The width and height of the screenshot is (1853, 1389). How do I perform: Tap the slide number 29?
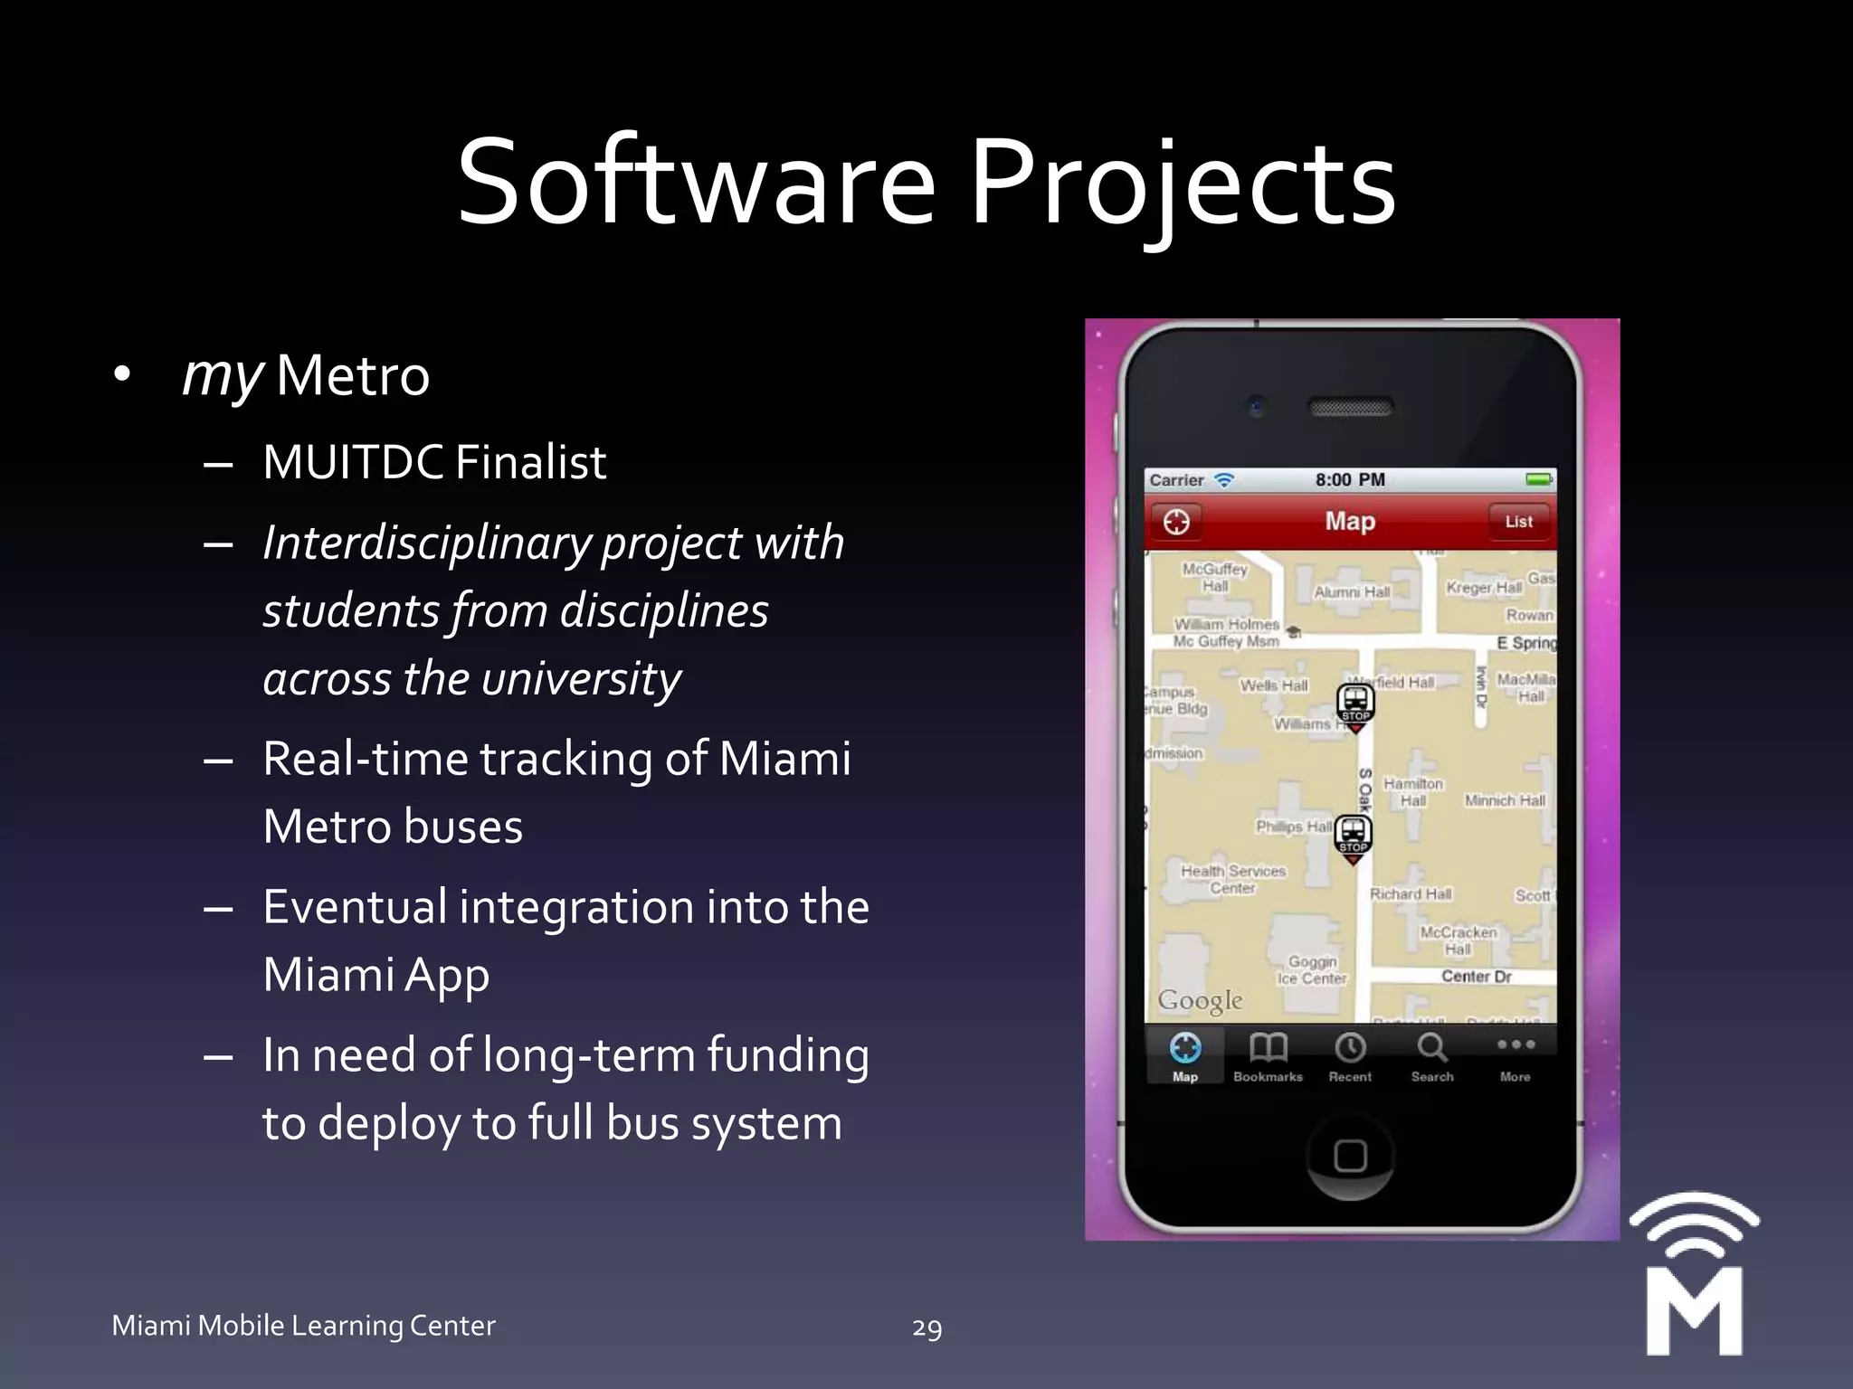pos(926,1328)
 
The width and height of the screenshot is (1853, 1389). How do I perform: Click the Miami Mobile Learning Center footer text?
pos(303,1326)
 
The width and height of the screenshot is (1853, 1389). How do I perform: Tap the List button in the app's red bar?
pos(1518,522)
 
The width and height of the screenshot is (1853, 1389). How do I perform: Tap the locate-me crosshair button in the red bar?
pos(1176,522)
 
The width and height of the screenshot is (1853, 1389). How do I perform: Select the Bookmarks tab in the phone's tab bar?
pos(1268,1056)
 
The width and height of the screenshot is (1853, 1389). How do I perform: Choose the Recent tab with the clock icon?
pos(1350,1056)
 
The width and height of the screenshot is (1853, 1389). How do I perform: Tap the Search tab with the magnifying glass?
pos(1432,1056)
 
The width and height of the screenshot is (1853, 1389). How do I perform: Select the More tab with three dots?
pos(1516,1056)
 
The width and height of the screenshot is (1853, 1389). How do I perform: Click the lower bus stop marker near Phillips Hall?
pos(1353,836)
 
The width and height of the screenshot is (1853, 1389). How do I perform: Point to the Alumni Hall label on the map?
pos(1352,592)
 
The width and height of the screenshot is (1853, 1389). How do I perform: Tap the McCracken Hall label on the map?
pos(1458,940)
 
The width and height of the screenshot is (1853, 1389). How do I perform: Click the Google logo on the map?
pos(1200,1000)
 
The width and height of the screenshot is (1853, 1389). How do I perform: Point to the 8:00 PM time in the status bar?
pos(1350,480)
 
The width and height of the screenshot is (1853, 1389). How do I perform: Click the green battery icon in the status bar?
pos(1538,479)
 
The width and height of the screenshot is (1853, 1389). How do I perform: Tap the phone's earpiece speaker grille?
pos(1351,409)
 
